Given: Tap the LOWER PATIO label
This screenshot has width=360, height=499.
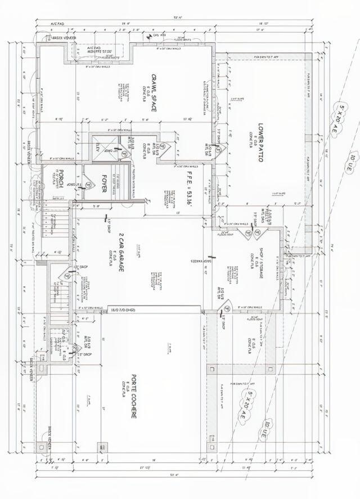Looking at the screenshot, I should [260, 142].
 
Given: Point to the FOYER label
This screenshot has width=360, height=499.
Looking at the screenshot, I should [104, 183].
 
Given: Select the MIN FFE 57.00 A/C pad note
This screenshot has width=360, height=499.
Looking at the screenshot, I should [100, 52].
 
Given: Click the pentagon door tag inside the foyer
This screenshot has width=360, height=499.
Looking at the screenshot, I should [89, 181].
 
